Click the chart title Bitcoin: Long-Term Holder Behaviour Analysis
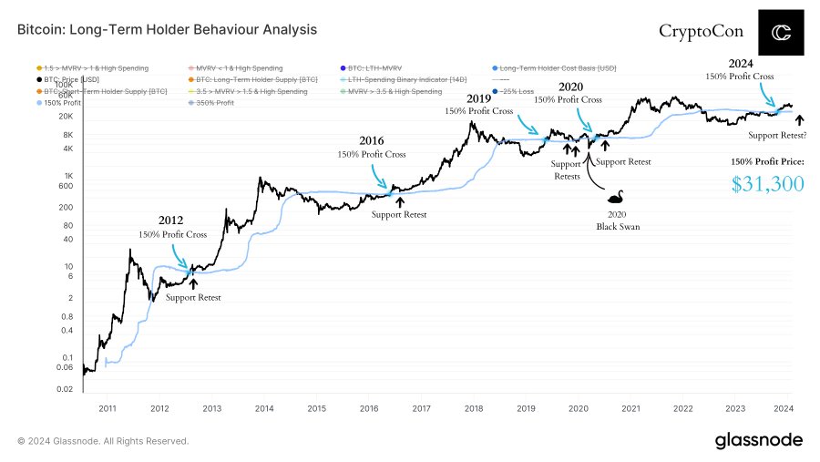168,30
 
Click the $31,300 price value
767,185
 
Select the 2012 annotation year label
171,221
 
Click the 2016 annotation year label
371,141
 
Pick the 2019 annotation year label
477,98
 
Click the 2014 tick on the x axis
264,409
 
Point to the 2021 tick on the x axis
630,409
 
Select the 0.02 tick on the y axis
64,389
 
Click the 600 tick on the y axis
66,186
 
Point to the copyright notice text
103,441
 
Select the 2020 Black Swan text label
612,220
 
